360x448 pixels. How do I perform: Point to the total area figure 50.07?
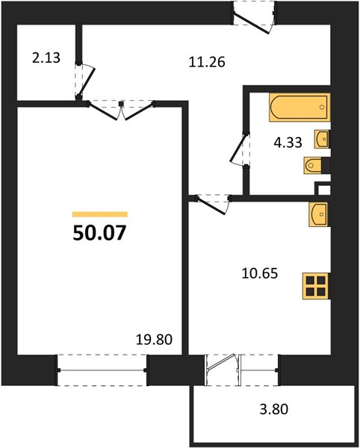[99, 233]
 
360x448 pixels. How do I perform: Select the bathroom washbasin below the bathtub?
[323, 139]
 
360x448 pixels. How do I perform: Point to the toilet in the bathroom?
[314, 165]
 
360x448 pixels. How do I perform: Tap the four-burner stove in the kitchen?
[316, 287]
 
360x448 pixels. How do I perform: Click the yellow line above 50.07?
[99, 214]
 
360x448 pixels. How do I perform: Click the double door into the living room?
[122, 108]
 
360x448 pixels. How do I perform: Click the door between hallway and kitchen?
[211, 200]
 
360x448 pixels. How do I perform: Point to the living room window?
[103, 370]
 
